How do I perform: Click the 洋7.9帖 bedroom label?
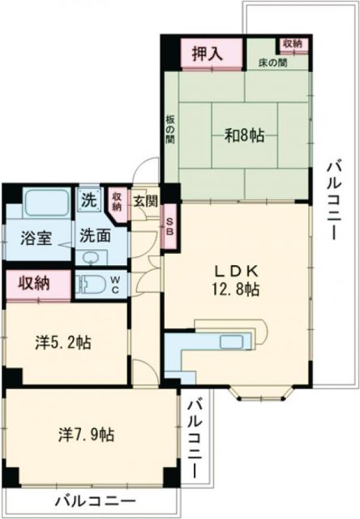tap(86, 434)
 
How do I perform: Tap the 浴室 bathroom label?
tap(36, 238)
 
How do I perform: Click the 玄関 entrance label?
tap(145, 200)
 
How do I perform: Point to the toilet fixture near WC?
tap(89, 285)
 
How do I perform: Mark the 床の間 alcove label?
tap(271, 62)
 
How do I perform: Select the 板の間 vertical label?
tap(171, 128)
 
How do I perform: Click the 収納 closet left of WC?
tap(34, 283)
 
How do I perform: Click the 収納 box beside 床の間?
tap(293, 43)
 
